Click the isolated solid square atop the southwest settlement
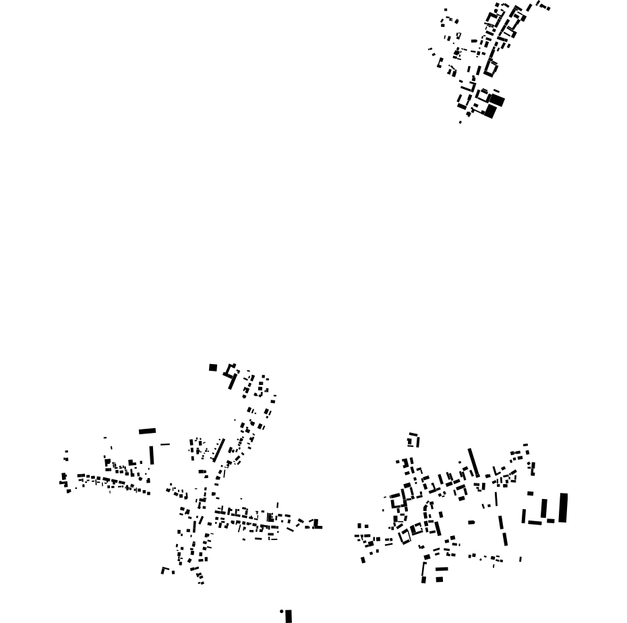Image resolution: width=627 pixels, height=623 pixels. point(213,367)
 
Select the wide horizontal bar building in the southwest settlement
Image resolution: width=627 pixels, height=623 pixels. point(147,431)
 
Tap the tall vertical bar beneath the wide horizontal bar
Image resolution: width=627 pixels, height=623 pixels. point(152,454)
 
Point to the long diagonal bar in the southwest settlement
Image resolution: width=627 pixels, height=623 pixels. point(218,450)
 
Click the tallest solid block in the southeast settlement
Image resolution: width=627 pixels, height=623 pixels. point(563,507)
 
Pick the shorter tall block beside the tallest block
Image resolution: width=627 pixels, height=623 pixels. point(544,508)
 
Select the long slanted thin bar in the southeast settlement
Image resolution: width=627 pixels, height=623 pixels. point(474,463)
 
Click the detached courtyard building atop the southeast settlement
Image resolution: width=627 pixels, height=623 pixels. point(413,441)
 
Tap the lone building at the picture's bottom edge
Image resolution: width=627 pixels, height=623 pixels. point(289,616)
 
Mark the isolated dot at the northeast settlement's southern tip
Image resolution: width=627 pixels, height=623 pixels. point(460,122)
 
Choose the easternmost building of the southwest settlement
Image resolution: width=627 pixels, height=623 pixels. point(317,524)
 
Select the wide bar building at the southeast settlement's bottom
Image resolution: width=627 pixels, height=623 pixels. point(441,570)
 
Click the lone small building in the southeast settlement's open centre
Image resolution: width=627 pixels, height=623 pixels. point(471,522)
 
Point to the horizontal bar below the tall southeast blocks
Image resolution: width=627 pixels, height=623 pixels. point(535,522)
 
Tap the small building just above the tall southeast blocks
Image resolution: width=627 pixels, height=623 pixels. point(530,494)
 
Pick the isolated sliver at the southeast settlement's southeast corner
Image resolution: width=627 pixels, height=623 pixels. point(520,558)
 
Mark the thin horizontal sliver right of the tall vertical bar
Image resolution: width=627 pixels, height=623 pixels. point(165,444)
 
